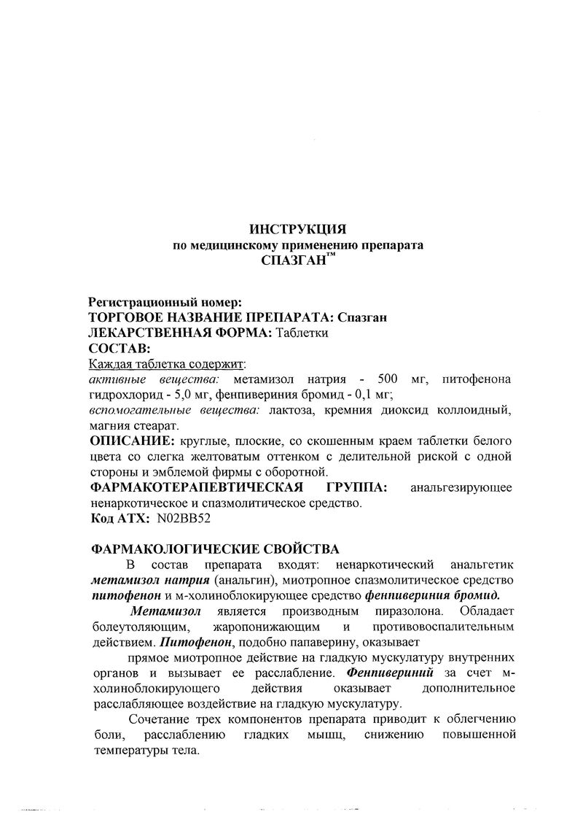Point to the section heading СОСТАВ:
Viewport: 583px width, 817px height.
coord(119,348)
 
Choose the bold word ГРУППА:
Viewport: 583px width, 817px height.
coord(352,487)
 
